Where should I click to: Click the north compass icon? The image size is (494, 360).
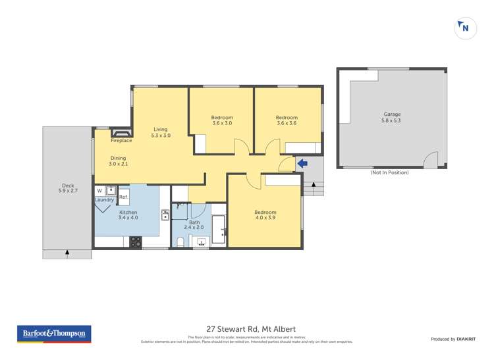coord(466,28)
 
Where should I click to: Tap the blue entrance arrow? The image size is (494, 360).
coord(302,163)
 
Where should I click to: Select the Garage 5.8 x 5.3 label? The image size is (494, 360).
coord(392,117)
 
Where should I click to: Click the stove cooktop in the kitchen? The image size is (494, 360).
coord(135,242)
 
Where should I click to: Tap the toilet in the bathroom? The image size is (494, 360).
coord(180,242)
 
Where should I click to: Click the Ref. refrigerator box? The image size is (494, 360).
coord(123,195)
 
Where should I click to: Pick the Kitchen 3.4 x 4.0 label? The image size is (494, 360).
coord(128,216)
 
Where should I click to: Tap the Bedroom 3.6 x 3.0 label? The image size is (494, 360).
coord(222,120)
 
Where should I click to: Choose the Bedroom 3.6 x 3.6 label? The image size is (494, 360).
coord(286,120)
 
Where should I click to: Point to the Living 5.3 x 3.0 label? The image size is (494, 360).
coord(161,132)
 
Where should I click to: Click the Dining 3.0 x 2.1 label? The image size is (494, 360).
coord(118,161)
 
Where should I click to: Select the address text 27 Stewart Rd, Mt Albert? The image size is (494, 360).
coord(247,329)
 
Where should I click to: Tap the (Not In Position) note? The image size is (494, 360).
coord(389,172)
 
